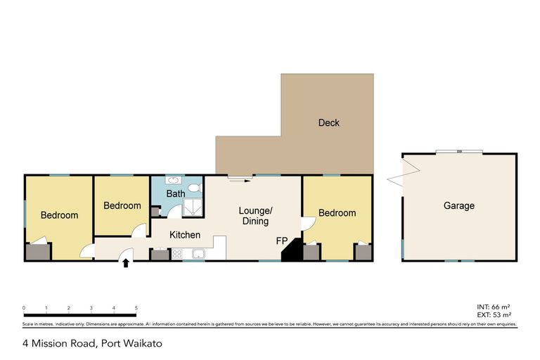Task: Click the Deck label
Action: tap(328, 123)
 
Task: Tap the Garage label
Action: tap(458, 206)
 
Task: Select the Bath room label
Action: tap(175, 193)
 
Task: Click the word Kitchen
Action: tap(185, 235)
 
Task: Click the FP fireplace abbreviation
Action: tap(281, 241)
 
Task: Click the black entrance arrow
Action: tap(127, 264)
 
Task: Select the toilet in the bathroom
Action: tap(195, 188)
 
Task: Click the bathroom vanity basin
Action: tap(172, 181)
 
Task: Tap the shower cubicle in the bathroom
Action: tap(191, 207)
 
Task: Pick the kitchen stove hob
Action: tap(176, 254)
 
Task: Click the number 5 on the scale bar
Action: tap(136, 308)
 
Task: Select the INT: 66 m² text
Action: tap(493, 307)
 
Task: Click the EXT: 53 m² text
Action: tap(493, 315)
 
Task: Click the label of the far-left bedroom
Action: tap(58, 215)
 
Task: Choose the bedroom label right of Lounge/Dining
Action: tap(337, 213)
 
